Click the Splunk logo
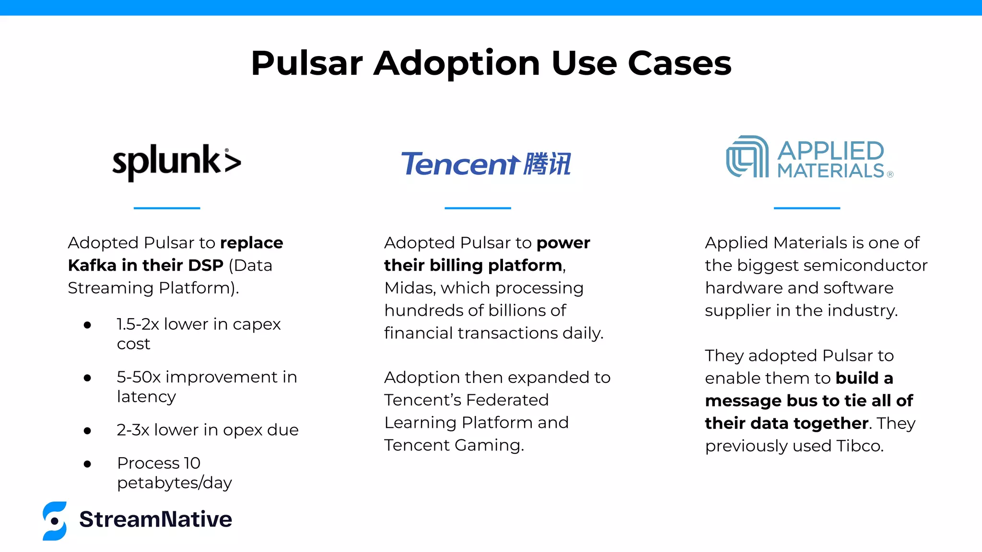(x=176, y=162)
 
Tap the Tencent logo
(x=485, y=164)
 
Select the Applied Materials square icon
(x=747, y=157)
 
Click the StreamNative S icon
(x=55, y=521)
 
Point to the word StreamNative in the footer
(x=155, y=519)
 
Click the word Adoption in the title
(x=457, y=63)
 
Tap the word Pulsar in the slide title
(x=307, y=63)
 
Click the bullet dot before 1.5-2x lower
(x=87, y=325)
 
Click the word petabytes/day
(x=174, y=483)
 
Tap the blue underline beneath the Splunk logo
(x=167, y=208)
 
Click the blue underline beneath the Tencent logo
(x=478, y=208)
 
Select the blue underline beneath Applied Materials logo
(x=807, y=208)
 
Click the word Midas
(x=409, y=288)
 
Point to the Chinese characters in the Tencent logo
(x=547, y=164)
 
